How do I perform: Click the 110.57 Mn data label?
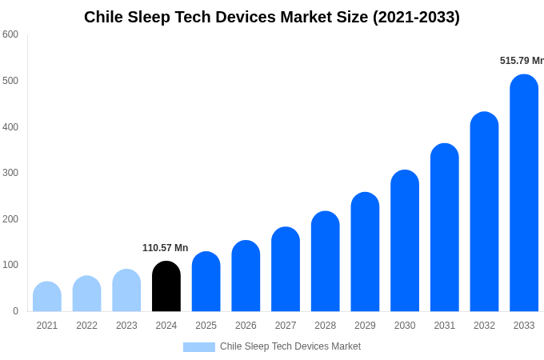pos(165,248)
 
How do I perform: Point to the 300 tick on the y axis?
pos(10,173)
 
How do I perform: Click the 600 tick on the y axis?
pos(10,34)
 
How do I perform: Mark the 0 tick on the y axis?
pos(15,311)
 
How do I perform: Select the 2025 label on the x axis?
pos(206,326)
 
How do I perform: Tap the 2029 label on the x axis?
pos(365,326)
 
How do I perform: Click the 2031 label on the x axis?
pos(444,326)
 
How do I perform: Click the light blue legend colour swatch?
pos(198,346)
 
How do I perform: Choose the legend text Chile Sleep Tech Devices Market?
pos(290,346)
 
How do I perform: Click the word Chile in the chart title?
pos(104,17)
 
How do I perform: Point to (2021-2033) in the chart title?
pos(416,17)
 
